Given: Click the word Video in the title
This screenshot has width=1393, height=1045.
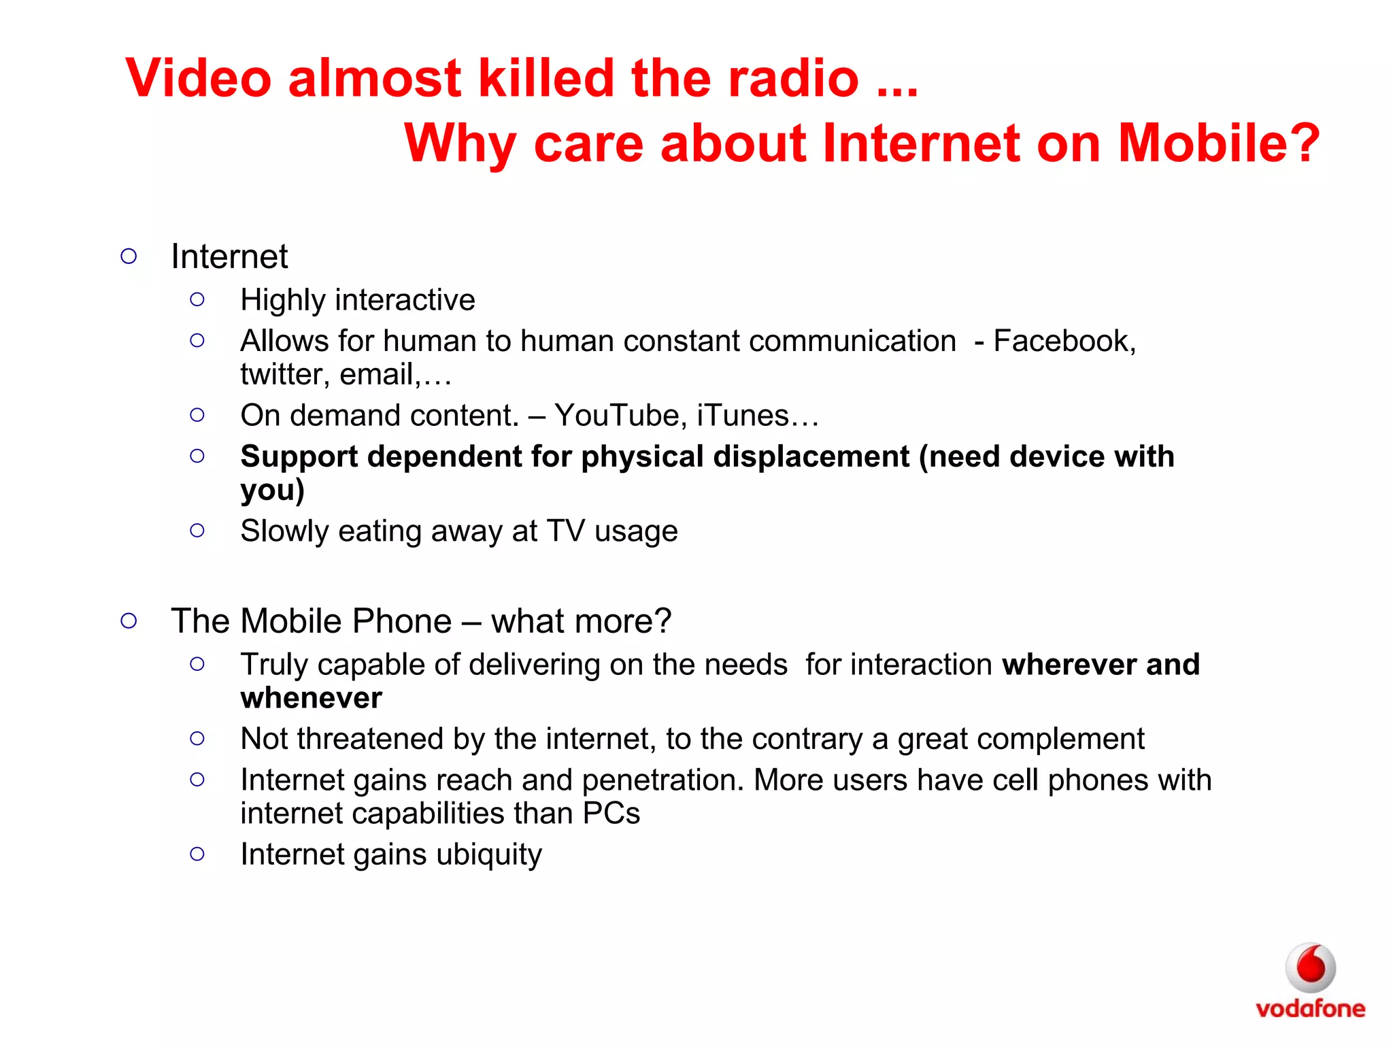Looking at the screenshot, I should (x=199, y=78).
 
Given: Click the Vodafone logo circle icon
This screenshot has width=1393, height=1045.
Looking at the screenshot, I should (x=1310, y=967).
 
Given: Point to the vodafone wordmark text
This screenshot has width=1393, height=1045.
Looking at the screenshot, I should (x=1310, y=1008).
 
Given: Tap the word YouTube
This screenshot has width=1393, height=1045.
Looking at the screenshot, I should (x=616, y=416).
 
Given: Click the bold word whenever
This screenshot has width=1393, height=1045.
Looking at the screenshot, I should (x=311, y=698).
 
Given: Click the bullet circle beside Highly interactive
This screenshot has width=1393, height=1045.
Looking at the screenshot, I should (x=197, y=299).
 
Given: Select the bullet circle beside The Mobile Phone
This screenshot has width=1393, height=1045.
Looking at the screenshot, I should (x=129, y=620).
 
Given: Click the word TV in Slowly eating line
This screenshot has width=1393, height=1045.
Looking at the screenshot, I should (x=565, y=531).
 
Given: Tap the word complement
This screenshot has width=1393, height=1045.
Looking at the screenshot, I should (x=1060, y=740).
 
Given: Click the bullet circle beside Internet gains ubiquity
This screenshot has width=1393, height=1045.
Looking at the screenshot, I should (x=197, y=854).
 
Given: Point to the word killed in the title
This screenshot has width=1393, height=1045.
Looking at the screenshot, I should (x=546, y=78).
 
